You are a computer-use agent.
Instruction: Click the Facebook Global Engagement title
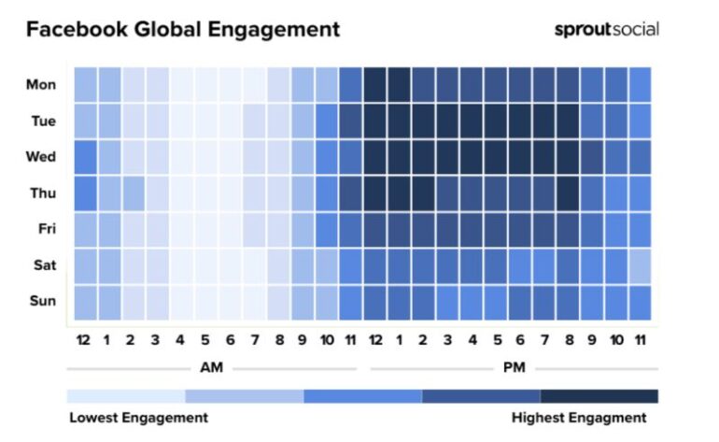(183, 30)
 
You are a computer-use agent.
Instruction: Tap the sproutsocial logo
(606, 29)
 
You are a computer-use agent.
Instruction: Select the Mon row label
(41, 85)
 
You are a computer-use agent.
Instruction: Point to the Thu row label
(41, 192)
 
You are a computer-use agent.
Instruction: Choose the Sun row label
(41, 301)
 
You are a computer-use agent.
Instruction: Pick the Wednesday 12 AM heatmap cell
(85, 156)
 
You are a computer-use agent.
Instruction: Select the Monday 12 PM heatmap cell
(374, 85)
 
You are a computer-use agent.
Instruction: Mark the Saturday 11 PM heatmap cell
(640, 264)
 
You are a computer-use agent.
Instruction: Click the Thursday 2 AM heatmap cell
(134, 192)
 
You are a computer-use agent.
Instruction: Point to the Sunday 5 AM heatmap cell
(205, 301)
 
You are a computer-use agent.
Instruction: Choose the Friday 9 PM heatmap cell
(591, 229)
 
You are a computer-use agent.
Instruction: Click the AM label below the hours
(212, 367)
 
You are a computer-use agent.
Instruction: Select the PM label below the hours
(514, 367)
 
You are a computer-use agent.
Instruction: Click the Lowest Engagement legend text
(138, 417)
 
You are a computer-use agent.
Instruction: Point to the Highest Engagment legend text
(579, 417)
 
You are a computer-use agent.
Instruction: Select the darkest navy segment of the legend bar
(599, 395)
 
